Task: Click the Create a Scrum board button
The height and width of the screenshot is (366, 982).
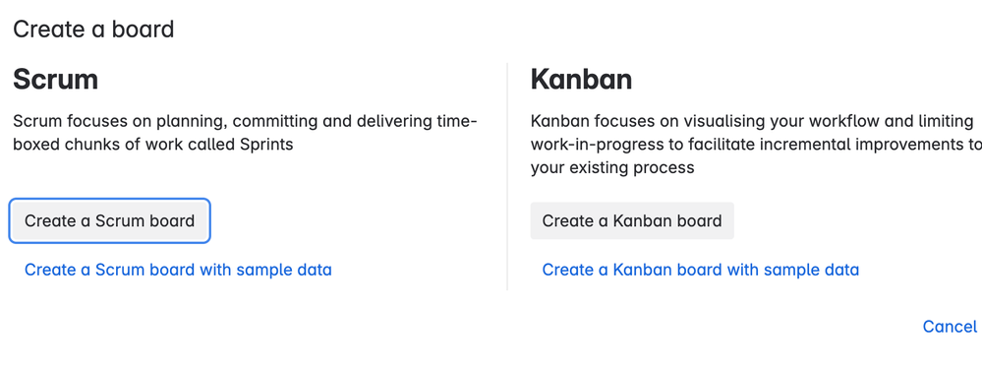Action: pyautogui.click(x=109, y=220)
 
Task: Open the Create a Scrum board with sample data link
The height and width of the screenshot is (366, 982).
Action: pyautogui.click(x=178, y=271)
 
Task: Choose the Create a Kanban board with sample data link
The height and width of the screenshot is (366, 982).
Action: pyautogui.click(x=700, y=271)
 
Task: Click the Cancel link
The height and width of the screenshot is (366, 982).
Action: pyautogui.click(x=950, y=327)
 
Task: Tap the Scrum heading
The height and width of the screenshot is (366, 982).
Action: pyautogui.click(x=55, y=81)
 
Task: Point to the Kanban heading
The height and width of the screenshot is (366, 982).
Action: pyautogui.click(x=581, y=81)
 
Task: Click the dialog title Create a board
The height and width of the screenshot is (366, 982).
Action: pyautogui.click(x=93, y=30)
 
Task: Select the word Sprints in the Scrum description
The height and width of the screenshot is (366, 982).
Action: pyautogui.click(x=266, y=146)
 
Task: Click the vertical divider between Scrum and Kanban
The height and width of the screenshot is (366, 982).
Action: pyautogui.click(x=506, y=176)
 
